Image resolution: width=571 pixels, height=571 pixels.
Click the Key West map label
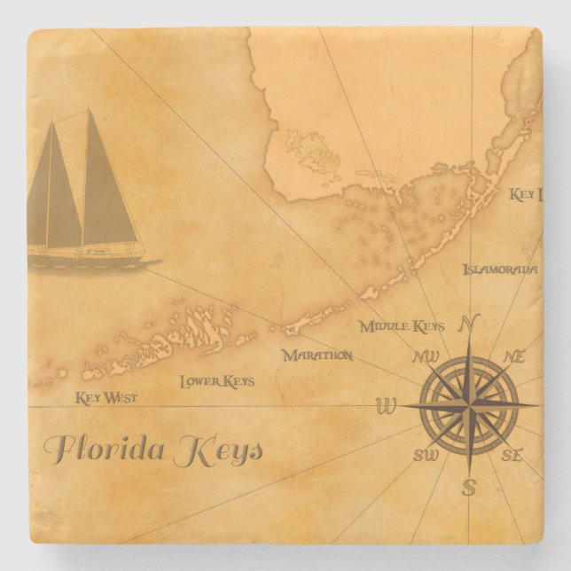pos(106,397)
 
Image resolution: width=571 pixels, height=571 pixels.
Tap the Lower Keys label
pos(217,381)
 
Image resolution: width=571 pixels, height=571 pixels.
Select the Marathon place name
pos(317,356)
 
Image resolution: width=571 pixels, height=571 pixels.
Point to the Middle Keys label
pos(402,326)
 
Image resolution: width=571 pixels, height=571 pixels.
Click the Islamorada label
pos(500,269)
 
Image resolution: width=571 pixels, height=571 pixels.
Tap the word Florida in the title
pos(105,449)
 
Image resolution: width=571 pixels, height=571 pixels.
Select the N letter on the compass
pos(471,322)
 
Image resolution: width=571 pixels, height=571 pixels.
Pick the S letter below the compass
pos(469,486)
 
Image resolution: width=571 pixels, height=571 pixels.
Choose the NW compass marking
pos(426,357)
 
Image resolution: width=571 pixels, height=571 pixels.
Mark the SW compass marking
pos(426,456)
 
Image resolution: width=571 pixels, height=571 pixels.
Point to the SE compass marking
pos(512,456)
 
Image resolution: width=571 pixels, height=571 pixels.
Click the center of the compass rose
pos(470,406)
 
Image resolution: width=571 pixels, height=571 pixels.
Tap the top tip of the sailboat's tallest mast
pos(89,110)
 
